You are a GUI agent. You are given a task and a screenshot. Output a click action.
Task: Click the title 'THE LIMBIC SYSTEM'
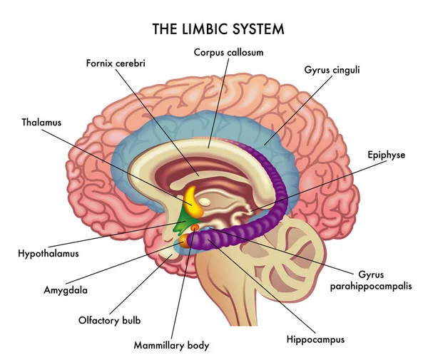[218, 29]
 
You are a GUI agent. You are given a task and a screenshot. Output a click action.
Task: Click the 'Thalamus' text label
[41, 122]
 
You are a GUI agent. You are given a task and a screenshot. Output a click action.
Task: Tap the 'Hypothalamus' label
[49, 253]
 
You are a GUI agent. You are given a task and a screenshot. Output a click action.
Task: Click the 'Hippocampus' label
[315, 339]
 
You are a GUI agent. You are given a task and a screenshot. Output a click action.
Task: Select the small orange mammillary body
[193, 228]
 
